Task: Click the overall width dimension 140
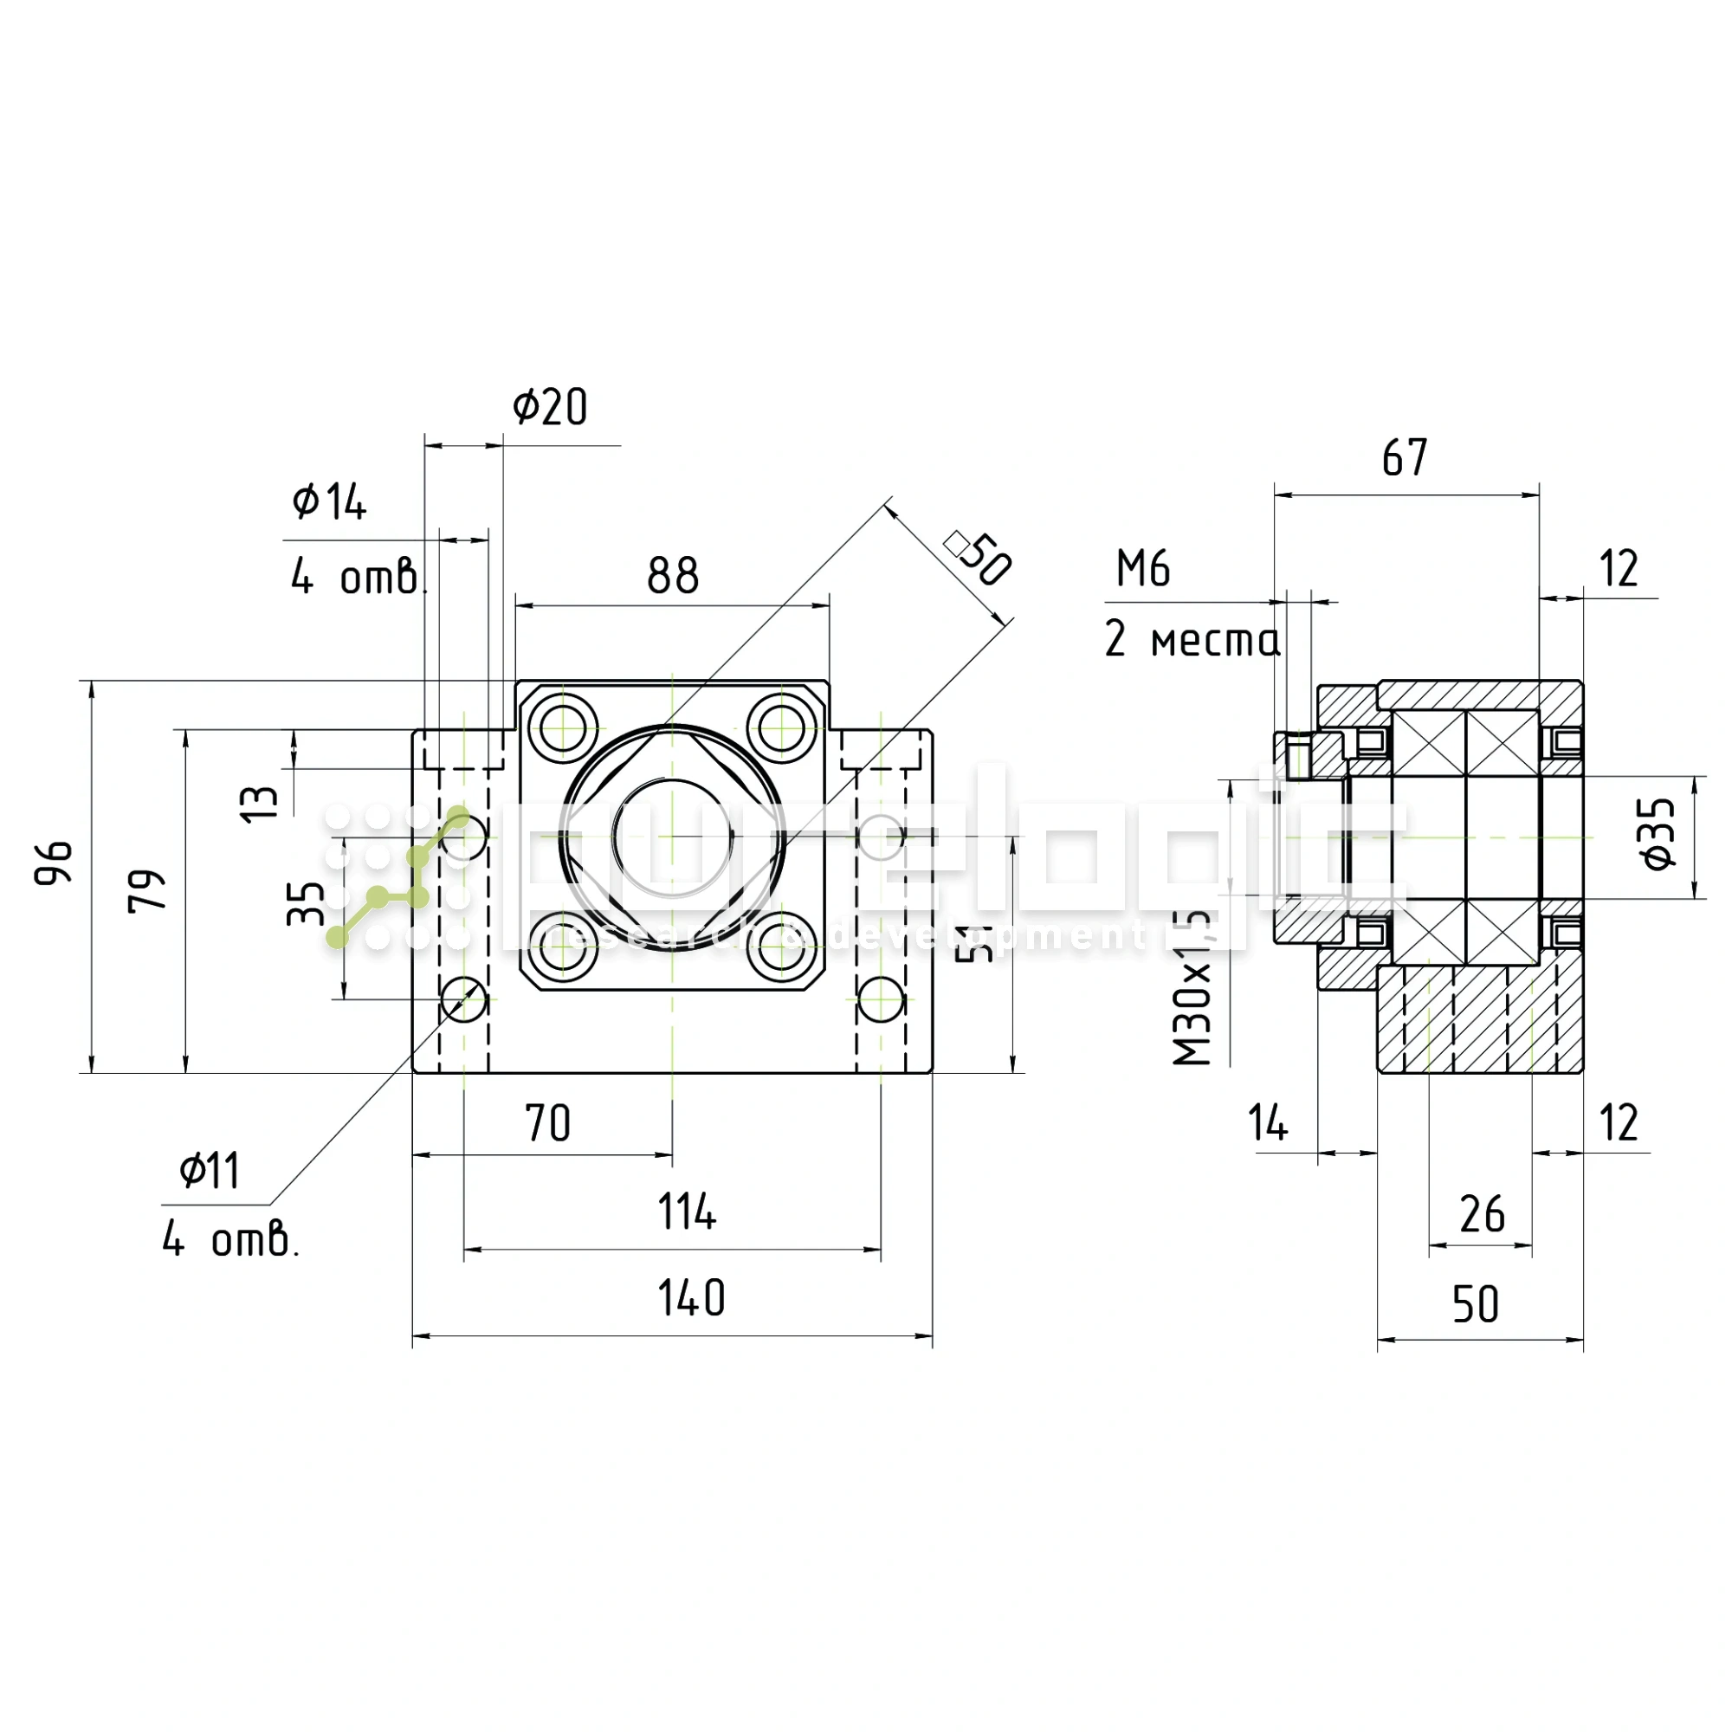pyautogui.click(x=691, y=1298)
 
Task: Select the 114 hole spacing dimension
pyautogui.click(x=688, y=1212)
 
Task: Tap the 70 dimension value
pyautogui.click(x=548, y=1123)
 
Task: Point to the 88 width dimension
pyautogui.click(x=672, y=576)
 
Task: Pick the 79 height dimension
pyautogui.click(x=148, y=890)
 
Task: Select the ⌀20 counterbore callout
pyautogui.click(x=550, y=407)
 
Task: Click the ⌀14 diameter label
pyautogui.click(x=329, y=501)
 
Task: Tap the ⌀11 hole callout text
pyautogui.click(x=210, y=1171)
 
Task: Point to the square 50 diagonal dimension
pyautogui.click(x=979, y=558)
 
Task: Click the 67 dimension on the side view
pyautogui.click(x=1404, y=458)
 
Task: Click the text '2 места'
pyautogui.click(x=1192, y=639)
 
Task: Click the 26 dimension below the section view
pyautogui.click(x=1482, y=1215)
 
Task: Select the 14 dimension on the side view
pyautogui.click(x=1269, y=1123)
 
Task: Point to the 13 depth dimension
pyautogui.click(x=260, y=804)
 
